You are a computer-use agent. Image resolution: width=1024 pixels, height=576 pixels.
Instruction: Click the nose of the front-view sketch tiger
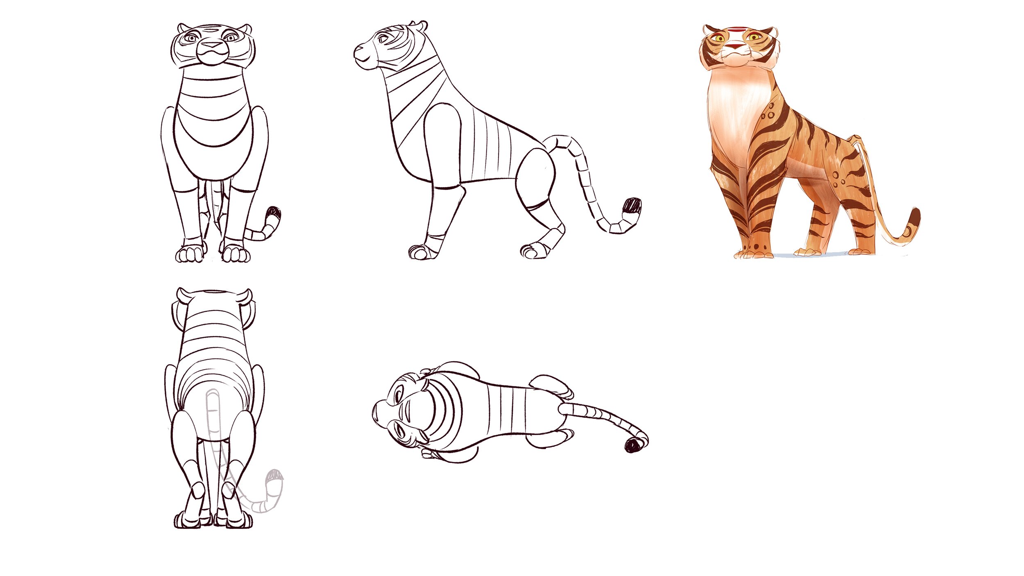coord(212,45)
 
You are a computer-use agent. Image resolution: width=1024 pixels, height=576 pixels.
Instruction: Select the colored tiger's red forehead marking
coord(736,29)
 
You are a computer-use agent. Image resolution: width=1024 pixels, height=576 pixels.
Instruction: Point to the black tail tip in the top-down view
coord(633,445)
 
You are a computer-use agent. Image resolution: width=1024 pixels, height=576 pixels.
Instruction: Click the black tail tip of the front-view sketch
coord(274,214)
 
